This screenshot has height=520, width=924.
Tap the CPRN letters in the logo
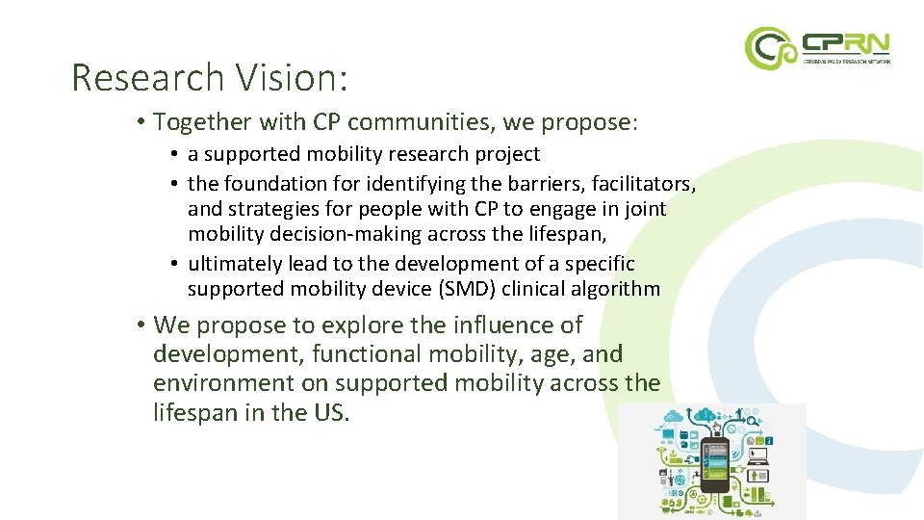pyautogui.click(x=844, y=43)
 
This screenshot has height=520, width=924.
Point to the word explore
pyautogui.click(x=353, y=325)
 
